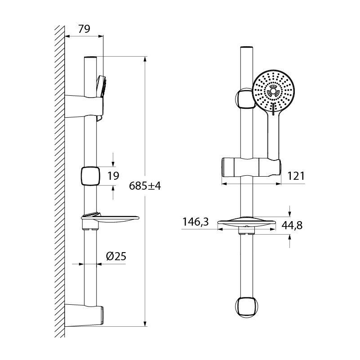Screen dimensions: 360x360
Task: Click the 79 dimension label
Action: pyautogui.click(x=84, y=29)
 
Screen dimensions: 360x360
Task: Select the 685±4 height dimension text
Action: pyautogui.click(x=145, y=186)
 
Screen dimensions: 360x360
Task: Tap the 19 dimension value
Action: pyautogui.click(x=113, y=176)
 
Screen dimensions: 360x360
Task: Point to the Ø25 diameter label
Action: pyautogui.click(x=116, y=256)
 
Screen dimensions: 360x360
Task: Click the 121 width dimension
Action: pyautogui.click(x=296, y=176)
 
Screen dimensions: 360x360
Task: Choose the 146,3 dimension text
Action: pyautogui.click(x=196, y=222)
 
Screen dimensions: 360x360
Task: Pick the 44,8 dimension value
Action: pyautogui.click(x=292, y=226)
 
